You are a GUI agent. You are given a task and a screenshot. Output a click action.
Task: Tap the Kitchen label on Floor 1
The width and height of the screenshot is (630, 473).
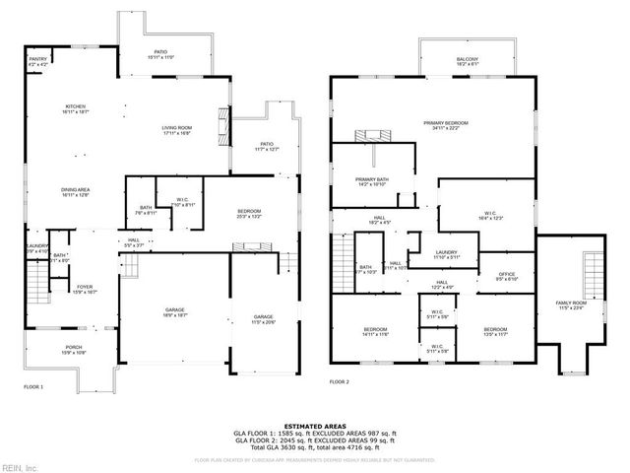tap(77, 109)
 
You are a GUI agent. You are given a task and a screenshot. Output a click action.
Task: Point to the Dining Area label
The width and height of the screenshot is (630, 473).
tap(77, 192)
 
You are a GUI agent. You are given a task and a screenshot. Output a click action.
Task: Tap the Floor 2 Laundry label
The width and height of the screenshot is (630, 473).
tap(447, 253)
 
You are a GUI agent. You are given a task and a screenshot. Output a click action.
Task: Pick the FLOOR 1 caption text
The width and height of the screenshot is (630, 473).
tap(34, 386)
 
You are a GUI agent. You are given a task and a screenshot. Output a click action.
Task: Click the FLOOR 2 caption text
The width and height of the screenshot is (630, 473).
tap(340, 380)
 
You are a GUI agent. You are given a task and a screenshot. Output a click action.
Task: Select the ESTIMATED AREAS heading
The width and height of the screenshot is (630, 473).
tap(315, 426)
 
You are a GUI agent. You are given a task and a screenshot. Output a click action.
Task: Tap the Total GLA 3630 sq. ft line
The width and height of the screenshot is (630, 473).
tap(315, 446)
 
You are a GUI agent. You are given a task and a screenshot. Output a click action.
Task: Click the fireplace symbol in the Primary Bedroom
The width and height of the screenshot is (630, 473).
tap(372, 136)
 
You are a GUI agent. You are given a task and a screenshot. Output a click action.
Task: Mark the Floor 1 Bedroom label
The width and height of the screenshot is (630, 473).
tap(249, 214)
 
